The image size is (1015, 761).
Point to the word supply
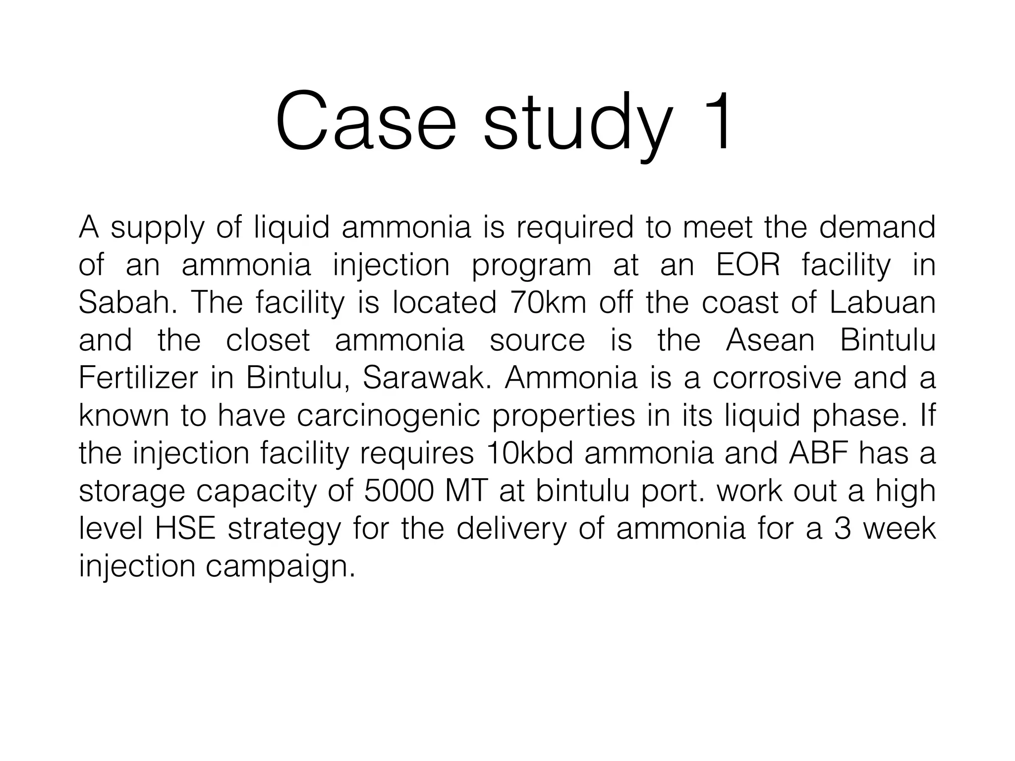[157, 229]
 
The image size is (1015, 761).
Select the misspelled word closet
[268, 340]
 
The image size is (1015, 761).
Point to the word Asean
[770, 340]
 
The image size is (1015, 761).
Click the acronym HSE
[185, 529]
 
